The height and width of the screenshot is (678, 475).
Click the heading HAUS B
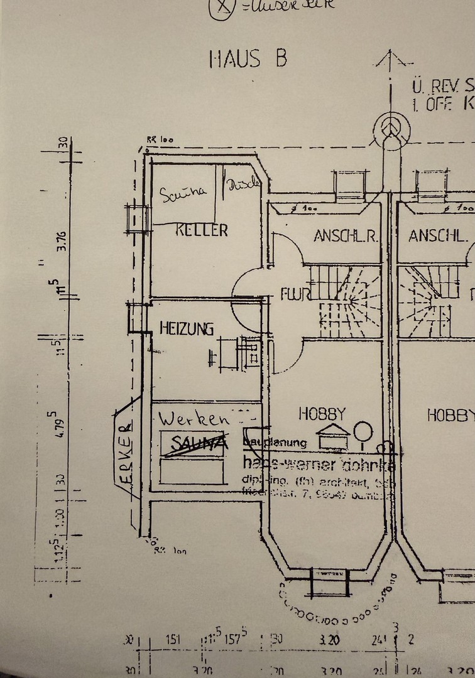pyautogui.click(x=248, y=58)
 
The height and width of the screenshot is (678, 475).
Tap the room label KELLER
pyautogui.click(x=202, y=230)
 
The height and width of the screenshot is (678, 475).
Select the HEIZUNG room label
pyautogui.click(x=187, y=328)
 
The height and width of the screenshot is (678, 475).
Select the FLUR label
pyautogui.click(x=293, y=293)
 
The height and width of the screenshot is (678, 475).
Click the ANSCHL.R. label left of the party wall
pyautogui.click(x=345, y=237)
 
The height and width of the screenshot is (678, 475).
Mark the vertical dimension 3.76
pyautogui.click(x=62, y=239)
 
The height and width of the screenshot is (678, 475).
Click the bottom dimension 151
pyautogui.click(x=173, y=640)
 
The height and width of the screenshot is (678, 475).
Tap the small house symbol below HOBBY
pyautogui.click(x=332, y=436)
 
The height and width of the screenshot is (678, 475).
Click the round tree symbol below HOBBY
pyautogui.click(x=363, y=433)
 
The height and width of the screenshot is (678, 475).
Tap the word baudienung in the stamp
pyautogui.click(x=275, y=443)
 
